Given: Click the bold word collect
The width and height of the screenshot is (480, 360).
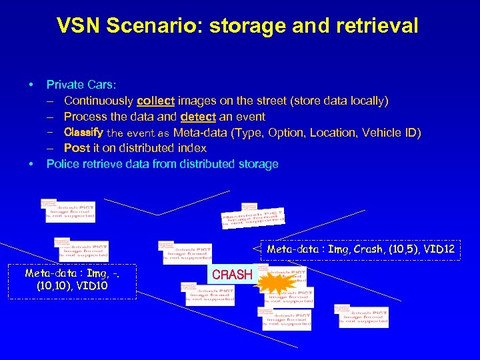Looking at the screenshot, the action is [155, 101].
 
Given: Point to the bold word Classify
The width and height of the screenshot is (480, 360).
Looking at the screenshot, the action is [83, 132].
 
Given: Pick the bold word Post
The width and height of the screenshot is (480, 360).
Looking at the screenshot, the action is [77, 148].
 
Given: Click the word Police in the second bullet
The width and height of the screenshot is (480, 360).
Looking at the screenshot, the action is [62, 164].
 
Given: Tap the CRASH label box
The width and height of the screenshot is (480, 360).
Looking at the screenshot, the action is [231, 274].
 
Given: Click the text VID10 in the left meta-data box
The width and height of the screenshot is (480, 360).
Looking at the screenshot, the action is [91, 287].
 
